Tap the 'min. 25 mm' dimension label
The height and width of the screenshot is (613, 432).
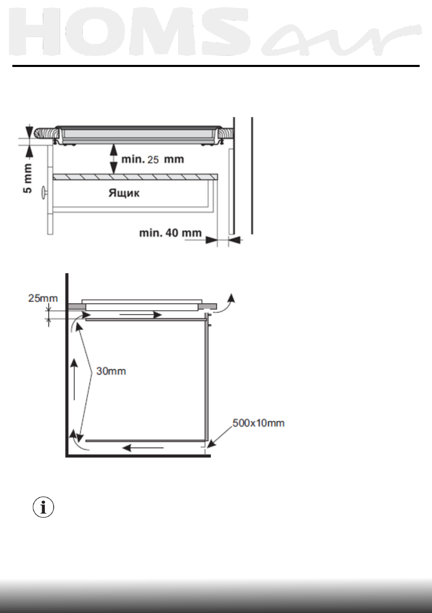153,159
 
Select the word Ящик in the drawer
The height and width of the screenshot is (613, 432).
124,193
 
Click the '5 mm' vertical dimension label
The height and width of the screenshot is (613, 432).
28,178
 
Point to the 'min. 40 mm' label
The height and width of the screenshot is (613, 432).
170,233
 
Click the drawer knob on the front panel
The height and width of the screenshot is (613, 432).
44,192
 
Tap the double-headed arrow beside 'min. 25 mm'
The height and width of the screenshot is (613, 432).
113,159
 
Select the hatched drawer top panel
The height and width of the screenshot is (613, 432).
135,177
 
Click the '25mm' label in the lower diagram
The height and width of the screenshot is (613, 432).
43,298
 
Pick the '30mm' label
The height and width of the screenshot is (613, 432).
111,371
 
